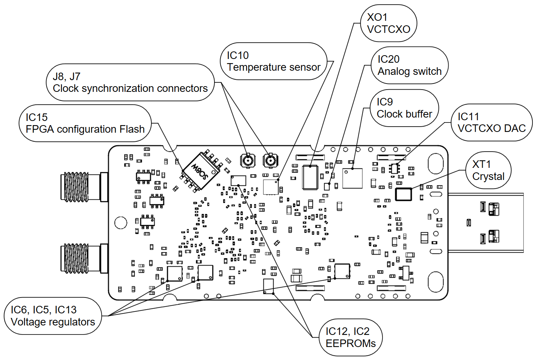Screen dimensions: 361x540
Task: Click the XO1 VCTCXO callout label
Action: click(x=389, y=23)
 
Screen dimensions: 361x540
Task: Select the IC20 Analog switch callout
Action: click(x=410, y=65)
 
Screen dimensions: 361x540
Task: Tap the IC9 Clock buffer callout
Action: click(x=404, y=108)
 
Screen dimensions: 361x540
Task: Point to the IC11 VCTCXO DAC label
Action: click(x=491, y=122)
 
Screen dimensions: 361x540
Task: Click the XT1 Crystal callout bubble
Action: click(x=489, y=170)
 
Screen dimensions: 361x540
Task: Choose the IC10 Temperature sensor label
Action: click(x=273, y=61)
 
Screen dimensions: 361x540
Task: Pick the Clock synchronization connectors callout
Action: click(x=130, y=82)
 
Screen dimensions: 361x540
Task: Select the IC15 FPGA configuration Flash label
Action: click(x=85, y=123)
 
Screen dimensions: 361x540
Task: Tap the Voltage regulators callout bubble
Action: click(x=53, y=316)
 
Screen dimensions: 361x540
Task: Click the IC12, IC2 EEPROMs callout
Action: click(x=351, y=337)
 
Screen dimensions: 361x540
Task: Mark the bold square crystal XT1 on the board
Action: click(x=403, y=194)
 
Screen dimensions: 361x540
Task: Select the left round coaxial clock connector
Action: click(x=248, y=161)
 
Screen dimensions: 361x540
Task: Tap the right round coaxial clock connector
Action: click(x=270, y=161)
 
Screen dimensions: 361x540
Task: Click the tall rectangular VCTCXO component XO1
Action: click(x=310, y=177)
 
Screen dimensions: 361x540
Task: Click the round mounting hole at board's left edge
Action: click(x=121, y=223)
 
